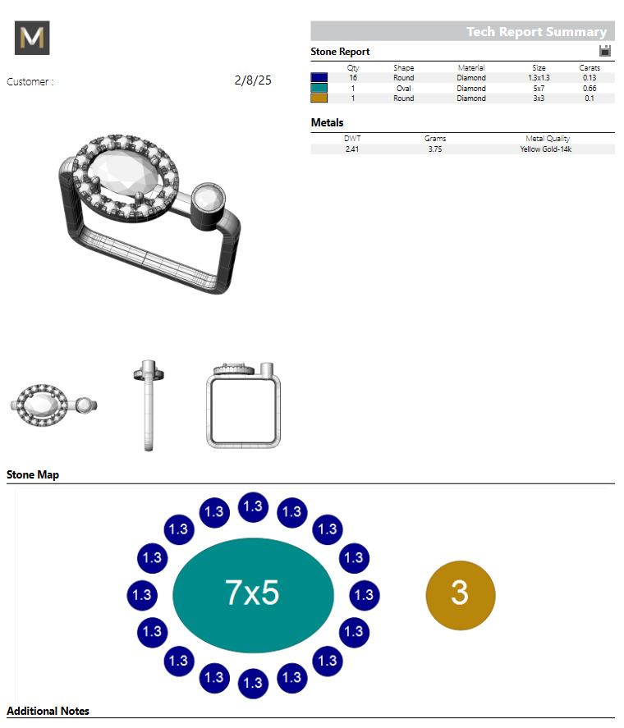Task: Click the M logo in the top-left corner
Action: coord(32,38)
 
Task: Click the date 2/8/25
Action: coord(253,80)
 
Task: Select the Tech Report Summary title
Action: coord(536,32)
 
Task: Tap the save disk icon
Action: coord(605,51)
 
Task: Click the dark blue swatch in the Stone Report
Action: coord(319,78)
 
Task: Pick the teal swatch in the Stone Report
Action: coord(319,88)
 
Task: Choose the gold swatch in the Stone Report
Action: coord(319,98)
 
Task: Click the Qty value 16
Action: coord(353,78)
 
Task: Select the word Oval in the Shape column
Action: coord(403,88)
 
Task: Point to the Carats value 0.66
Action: coord(589,88)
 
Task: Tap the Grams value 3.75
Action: coord(435,149)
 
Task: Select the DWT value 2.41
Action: coord(352,149)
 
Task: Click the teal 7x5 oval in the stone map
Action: coord(253,593)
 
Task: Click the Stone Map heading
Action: coord(33,475)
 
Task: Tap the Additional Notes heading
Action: coord(48,711)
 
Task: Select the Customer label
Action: coord(30,82)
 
